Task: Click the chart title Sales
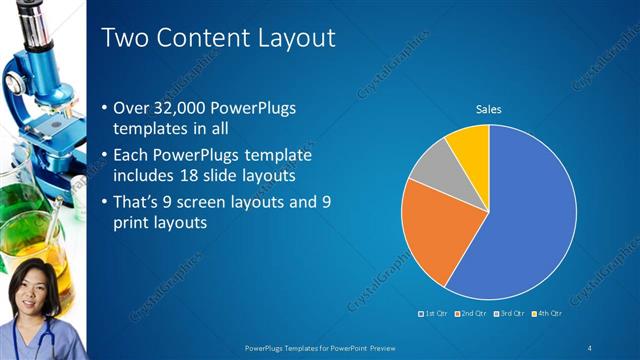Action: [488, 109]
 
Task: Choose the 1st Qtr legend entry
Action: [433, 313]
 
